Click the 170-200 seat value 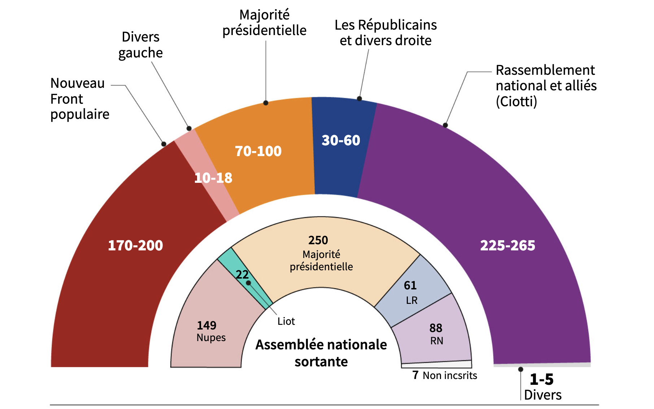135,246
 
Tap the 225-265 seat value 507,246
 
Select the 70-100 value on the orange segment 258,151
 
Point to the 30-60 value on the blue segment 341,140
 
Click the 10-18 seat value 213,178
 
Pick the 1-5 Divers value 541,379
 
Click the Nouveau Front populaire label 79,99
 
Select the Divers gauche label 140,45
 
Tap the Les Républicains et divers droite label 385,33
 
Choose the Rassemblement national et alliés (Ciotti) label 546,86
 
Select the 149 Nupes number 206,326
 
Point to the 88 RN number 436,328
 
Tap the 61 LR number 410,285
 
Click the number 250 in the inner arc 318,240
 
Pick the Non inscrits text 450,376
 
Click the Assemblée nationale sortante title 321,353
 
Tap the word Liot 286,321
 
